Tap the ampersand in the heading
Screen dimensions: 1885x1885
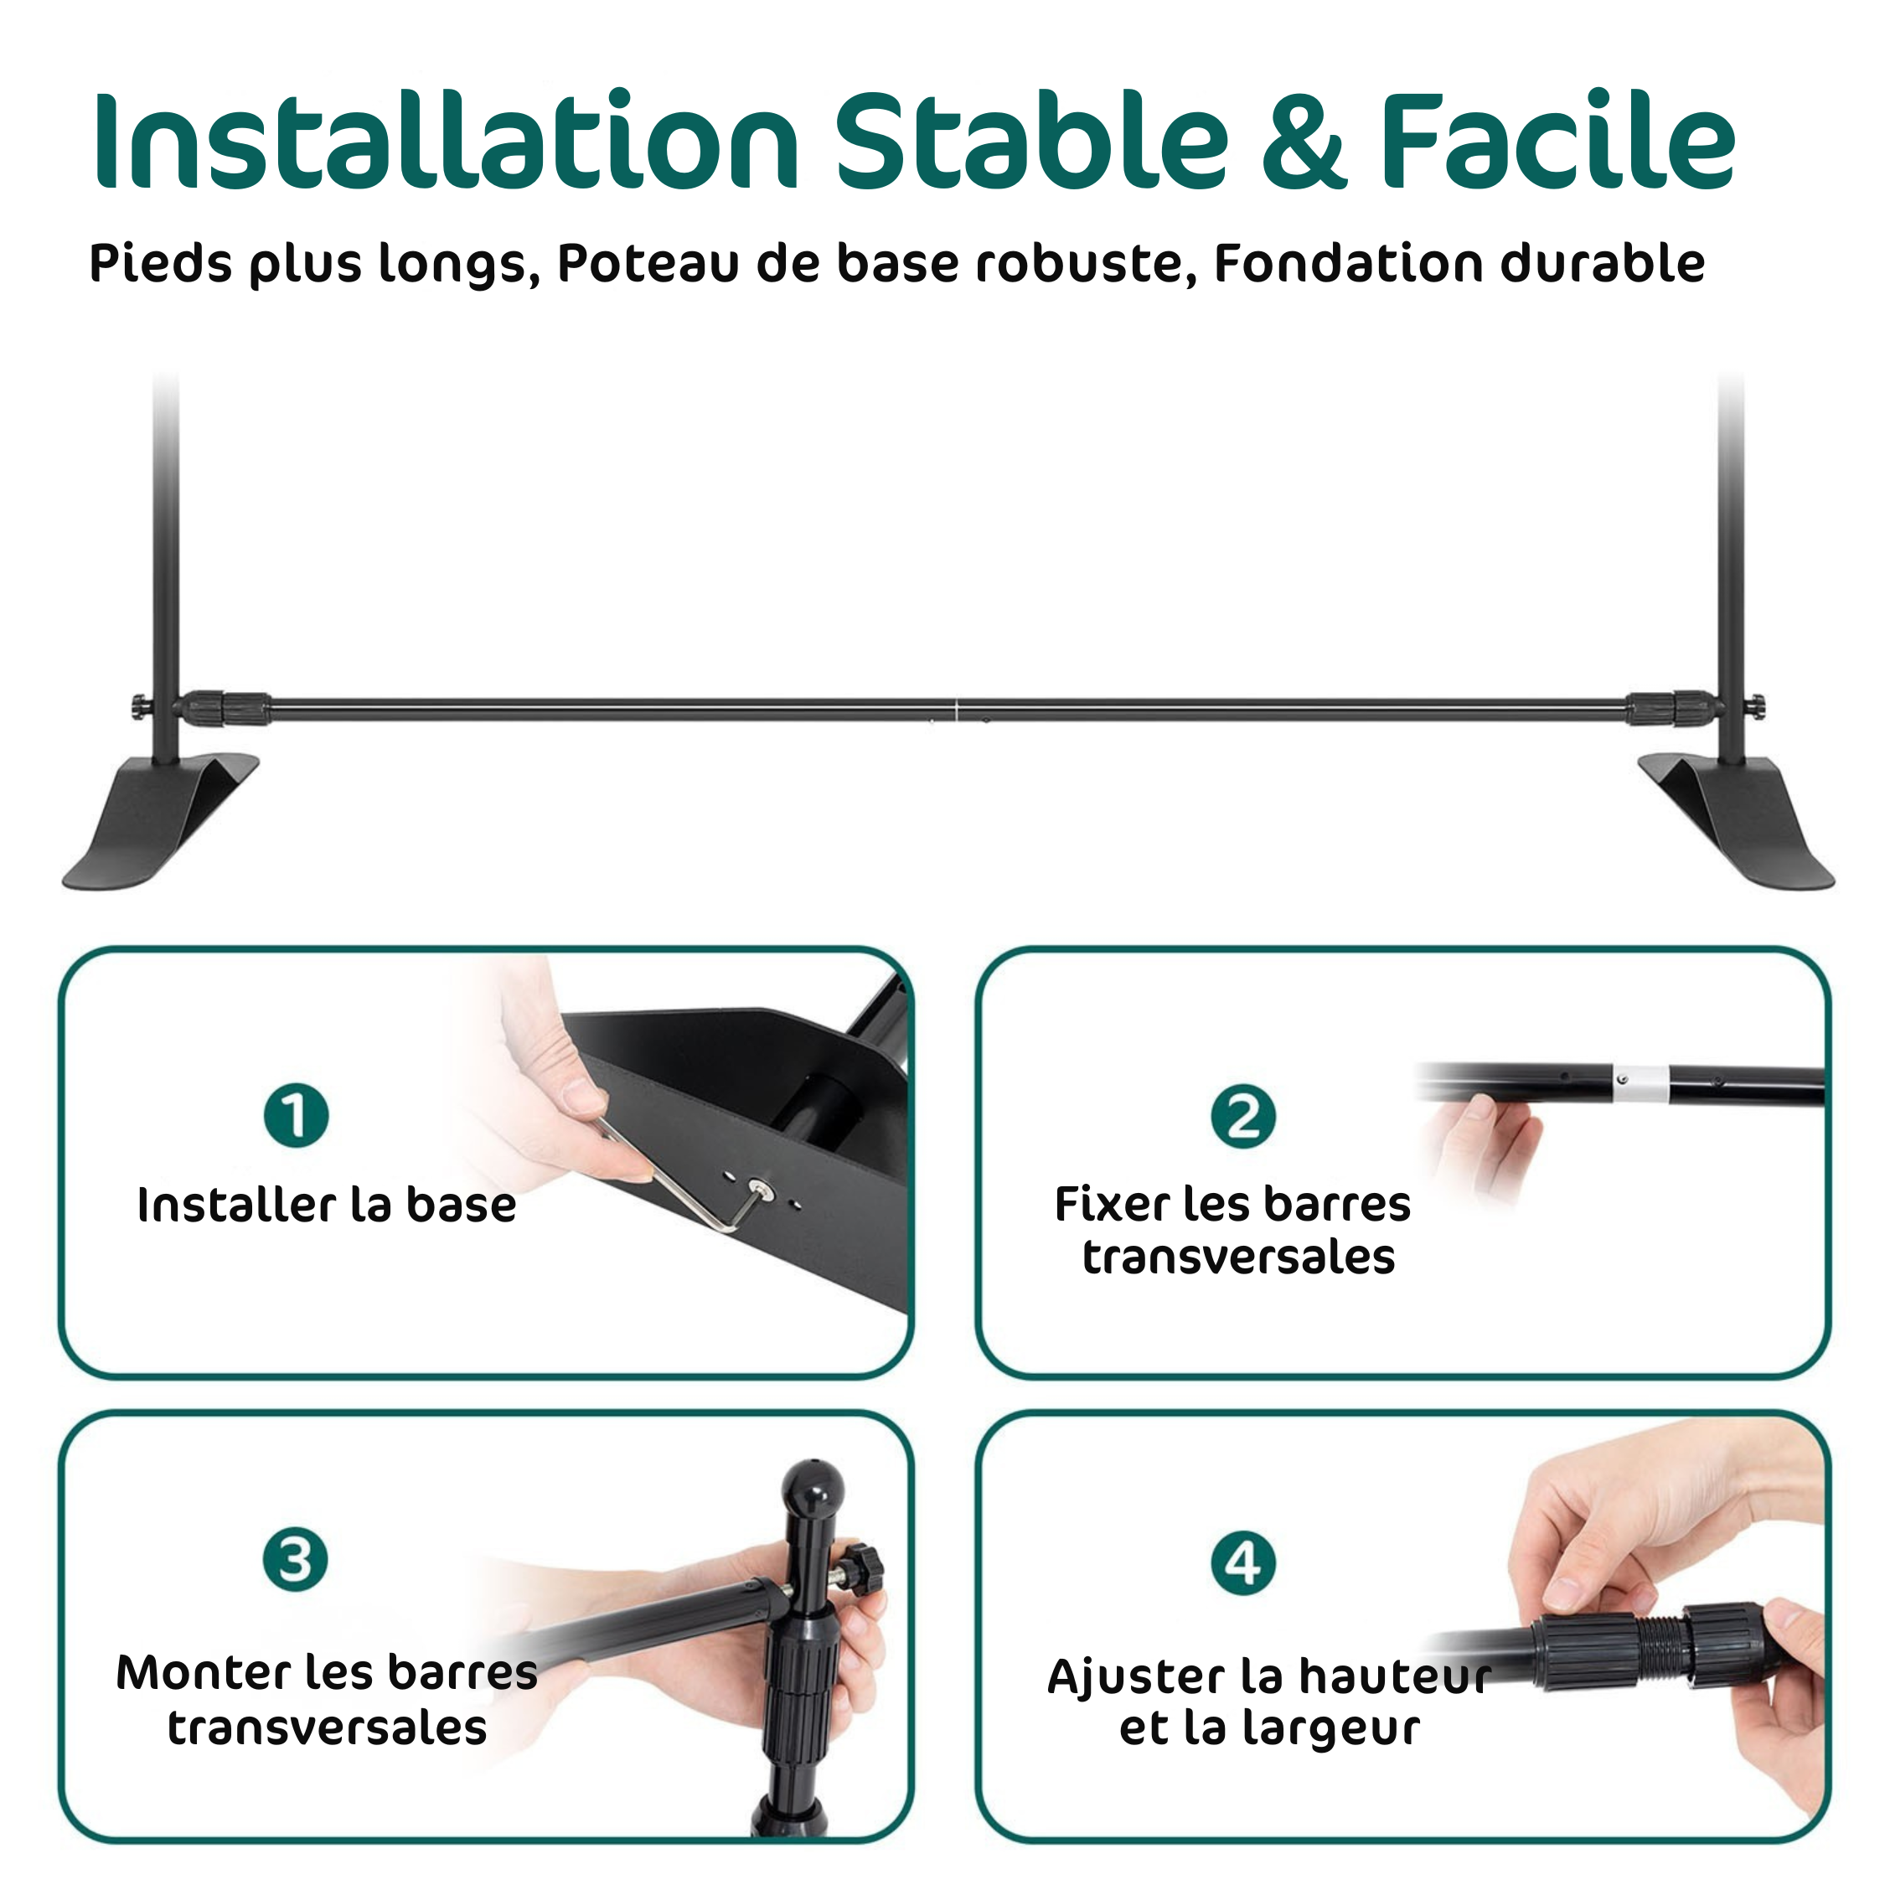[x=1304, y=141]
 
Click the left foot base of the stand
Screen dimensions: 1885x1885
[x=161, y=819]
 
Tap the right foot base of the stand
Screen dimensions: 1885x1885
[x=1737, y=819]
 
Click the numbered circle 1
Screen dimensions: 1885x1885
[x=297, y=1115]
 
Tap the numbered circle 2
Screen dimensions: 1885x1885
[x=1243, y=1116]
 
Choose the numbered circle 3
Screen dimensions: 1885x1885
[x=296, y=1559]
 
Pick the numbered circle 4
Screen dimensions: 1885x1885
[x=1243, y=1562]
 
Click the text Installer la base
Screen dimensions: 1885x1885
[x=327, y=1205]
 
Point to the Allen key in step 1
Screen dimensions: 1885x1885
[x=683, y=1180]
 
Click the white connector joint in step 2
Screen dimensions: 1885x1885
[x=1640, y=1083]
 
